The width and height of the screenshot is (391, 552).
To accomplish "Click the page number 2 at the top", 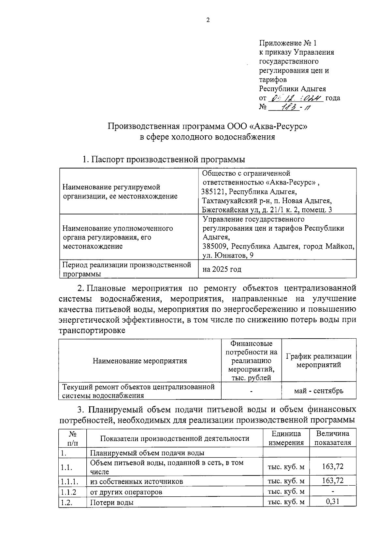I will pyautogui.click(x=208, y=20).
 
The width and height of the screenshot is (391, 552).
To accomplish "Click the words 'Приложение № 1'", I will pyautogui.click(x=288, y=43).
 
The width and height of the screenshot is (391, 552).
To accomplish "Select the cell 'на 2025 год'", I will pyautogui.click(x=222, y=269).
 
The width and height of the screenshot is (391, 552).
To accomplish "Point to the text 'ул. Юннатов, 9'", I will pyautogui.click(x=228, y=255).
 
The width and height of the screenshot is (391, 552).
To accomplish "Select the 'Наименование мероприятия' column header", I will pyautogui.click(x=140, y=361).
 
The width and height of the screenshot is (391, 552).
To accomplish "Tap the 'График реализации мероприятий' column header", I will pyautogui.click(x=319, y=360).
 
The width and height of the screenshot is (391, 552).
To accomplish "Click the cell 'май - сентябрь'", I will pyautogui.click(x=319, y=391).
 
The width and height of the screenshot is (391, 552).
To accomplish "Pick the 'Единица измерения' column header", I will pyautogui.click(x=286, y=438).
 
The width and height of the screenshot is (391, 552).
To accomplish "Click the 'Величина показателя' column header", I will pyautogui.click(x=333, y=438).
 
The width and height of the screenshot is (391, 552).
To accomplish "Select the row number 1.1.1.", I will pyautogui.click(x=69, y=481).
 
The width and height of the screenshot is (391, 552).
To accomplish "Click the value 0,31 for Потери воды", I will pyautogui.click(x=333, y=501).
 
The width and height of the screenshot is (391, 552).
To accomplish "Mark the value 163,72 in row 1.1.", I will pyautogui.click(x=333, y=466).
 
